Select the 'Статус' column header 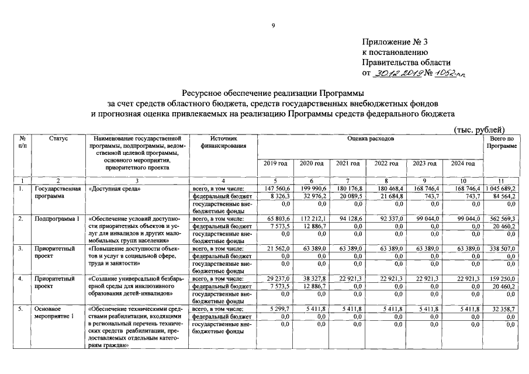point(58,138)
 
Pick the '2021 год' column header point(348,164)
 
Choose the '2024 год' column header point(463,164)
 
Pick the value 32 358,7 point(503,308)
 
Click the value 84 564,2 point(503,197)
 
